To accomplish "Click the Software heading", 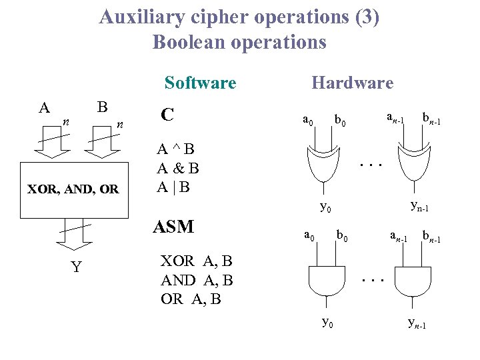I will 200,83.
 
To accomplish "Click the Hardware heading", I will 352,83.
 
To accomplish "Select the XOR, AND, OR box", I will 73,189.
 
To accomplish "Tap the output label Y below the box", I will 77,267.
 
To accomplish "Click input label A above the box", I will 44,108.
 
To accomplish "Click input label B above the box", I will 102,107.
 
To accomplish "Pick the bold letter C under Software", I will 167,115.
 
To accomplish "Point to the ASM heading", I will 173,227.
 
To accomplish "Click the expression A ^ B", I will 175,149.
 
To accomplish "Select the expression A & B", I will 178,167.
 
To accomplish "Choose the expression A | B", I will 173,187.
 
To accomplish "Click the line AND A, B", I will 197,280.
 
